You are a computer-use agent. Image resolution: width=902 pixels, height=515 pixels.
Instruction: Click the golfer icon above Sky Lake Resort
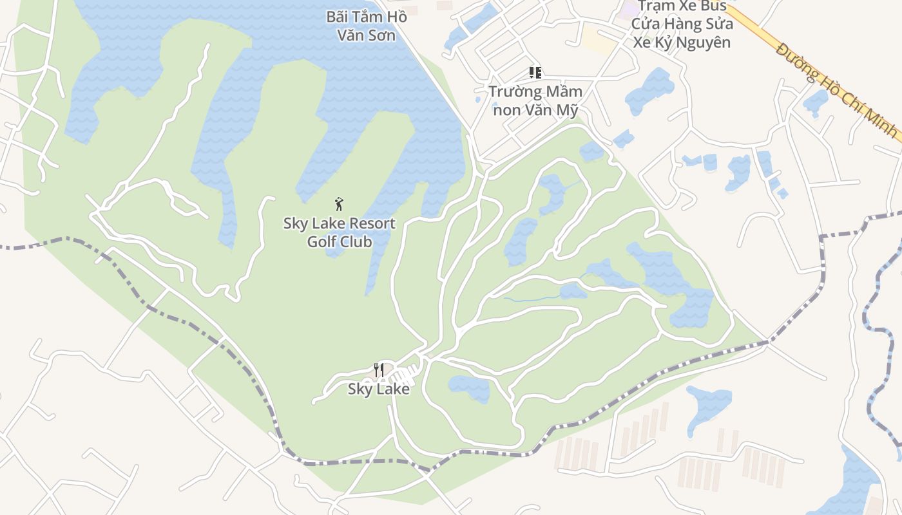(339, 205)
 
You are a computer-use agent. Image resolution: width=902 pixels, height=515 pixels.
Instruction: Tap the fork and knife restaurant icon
(379, 370)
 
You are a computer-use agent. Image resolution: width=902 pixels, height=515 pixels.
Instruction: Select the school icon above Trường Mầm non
(535, 73)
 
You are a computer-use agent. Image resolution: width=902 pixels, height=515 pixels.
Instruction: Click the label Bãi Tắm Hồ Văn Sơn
(366, 26)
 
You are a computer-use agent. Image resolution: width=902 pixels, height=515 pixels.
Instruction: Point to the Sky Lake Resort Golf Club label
(340, 232)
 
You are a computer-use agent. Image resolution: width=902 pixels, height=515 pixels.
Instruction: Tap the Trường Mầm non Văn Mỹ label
(535, 100)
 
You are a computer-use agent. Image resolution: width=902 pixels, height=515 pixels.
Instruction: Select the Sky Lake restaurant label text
(379, 389)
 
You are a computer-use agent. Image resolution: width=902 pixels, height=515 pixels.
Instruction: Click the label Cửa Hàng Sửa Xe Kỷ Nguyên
(682, 33)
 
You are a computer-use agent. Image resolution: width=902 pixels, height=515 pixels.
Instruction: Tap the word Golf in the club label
(322, 242)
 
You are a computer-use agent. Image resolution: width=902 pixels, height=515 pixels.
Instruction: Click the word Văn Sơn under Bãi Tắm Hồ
(366, 35)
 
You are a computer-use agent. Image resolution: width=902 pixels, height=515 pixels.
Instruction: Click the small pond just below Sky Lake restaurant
(469, 388)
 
